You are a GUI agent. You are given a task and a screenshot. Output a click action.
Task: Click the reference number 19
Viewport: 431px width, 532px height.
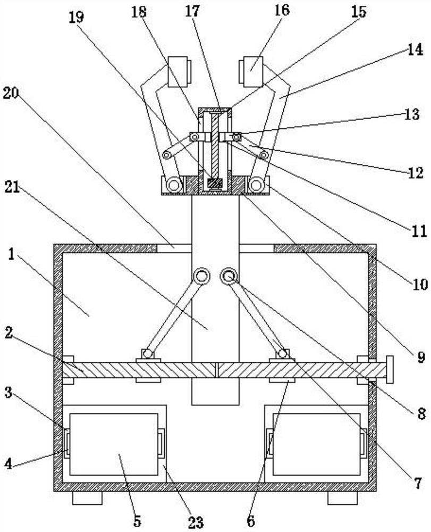coord(77,17)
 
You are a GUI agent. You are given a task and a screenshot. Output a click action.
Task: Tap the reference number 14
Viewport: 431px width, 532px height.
coord(415,49)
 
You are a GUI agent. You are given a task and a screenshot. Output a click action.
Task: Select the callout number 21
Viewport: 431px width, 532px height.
coord(12,187)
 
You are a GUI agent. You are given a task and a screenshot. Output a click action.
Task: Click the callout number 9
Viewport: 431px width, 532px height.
coord(421,358)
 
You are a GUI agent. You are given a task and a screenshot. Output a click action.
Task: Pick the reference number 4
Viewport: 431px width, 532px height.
coord(8,463)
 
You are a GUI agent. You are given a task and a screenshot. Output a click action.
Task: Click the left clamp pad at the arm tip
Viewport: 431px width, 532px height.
coord(179,72)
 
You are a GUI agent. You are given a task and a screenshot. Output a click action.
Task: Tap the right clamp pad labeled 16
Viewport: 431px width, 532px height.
coord(251,72)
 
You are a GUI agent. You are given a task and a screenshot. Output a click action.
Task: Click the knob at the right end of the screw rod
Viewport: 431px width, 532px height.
coord(390,370)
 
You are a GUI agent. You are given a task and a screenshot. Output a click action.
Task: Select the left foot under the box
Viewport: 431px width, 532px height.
coord(87,498)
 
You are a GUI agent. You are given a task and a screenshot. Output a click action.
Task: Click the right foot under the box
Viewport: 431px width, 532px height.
coord(342,498)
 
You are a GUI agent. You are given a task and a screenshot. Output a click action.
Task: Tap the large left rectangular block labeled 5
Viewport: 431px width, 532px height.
coord(114,444)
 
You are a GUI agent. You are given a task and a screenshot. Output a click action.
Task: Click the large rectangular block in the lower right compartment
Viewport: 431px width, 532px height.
coord(316,444)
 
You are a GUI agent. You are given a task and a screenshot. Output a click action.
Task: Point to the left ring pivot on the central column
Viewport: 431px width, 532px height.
coord(201,276)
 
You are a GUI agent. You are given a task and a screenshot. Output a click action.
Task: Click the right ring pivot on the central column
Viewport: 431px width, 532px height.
coord(229,276)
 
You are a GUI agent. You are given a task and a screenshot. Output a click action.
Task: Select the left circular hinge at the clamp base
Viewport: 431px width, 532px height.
coord(174,186)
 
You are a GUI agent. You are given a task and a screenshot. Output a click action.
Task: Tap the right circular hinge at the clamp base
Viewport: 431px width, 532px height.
coord(257,186)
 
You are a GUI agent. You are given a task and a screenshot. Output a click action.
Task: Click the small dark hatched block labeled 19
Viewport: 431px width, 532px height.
coord(215,184)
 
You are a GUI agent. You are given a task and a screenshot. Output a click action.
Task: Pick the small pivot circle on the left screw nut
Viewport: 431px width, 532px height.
coord(148,354)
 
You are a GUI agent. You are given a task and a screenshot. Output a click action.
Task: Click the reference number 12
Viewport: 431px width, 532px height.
coord(415,173)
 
